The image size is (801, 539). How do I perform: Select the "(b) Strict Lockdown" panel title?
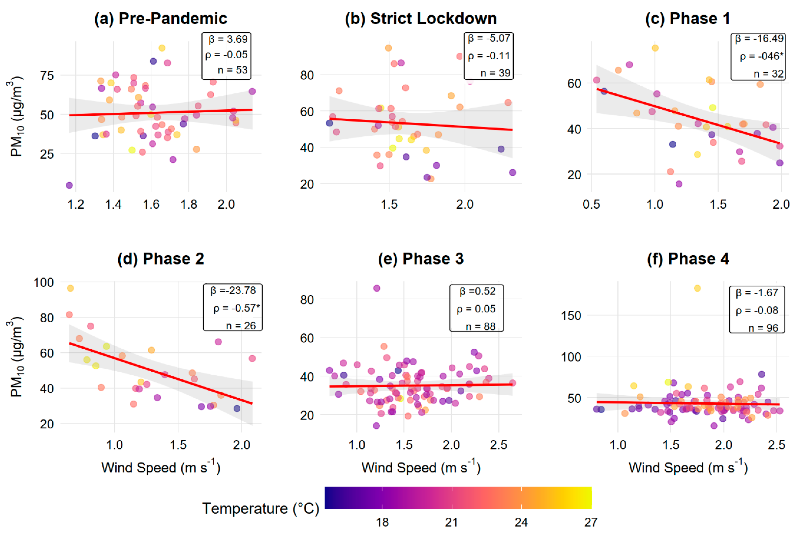tap(421, 18)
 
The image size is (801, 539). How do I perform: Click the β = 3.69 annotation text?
tap(228, 39)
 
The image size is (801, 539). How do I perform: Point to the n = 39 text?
tap(495, 73)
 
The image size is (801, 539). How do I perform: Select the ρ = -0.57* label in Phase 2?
tap(236, 308)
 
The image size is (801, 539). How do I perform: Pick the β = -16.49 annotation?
tap(759, 39)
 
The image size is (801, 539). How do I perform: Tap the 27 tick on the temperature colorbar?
tap(591, 522)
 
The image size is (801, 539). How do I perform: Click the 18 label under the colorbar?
tap(382, 522)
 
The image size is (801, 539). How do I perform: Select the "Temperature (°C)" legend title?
tap(261, 508)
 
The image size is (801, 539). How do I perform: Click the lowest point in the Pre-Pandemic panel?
tap(69, 185)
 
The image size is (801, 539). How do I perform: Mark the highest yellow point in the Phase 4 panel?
tap(697, 288)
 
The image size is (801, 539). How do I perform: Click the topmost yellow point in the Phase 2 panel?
tap(70, 288)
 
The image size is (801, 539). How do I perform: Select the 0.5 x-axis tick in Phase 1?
tap(591, 205)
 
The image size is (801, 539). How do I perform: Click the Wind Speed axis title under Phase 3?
tap(421, 468)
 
